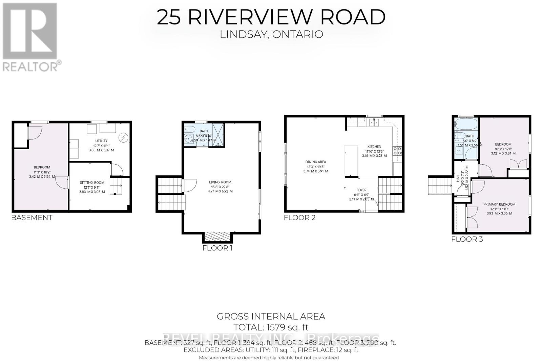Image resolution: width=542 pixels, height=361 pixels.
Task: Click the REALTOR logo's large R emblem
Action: click(x=30, y=31)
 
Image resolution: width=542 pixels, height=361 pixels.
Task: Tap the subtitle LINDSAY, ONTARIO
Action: click(x=271, y=34)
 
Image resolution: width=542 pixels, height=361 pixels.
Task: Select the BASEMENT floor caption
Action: click(x=32, y=218)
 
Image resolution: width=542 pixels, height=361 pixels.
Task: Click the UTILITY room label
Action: click(x=101, y=141)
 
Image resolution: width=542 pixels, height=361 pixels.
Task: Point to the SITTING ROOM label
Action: click(x=92, y=183)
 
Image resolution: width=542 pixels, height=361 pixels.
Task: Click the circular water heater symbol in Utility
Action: click(x=124, y=138)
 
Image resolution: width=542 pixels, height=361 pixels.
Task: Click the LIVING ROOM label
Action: click(x=220, y=182)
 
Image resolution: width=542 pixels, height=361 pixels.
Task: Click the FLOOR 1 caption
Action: click(x=217, y=248)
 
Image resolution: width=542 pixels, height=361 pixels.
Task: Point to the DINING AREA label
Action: click(x=315, y=162)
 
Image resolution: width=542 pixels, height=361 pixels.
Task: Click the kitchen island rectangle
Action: click(x=351, y=161)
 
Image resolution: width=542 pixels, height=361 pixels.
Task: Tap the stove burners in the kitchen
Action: click(x=397, y=151)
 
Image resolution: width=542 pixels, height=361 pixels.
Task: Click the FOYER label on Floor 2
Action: click(x=361, y=190)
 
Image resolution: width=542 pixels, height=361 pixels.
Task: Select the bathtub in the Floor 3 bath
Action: click(x=466, y=125)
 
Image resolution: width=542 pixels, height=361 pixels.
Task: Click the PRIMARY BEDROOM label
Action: click(x=499, y=204)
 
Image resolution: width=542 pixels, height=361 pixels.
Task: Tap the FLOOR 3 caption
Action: click(x=467, y=239)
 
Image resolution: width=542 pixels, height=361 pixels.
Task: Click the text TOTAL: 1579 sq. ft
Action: click(x=271, y=327)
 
